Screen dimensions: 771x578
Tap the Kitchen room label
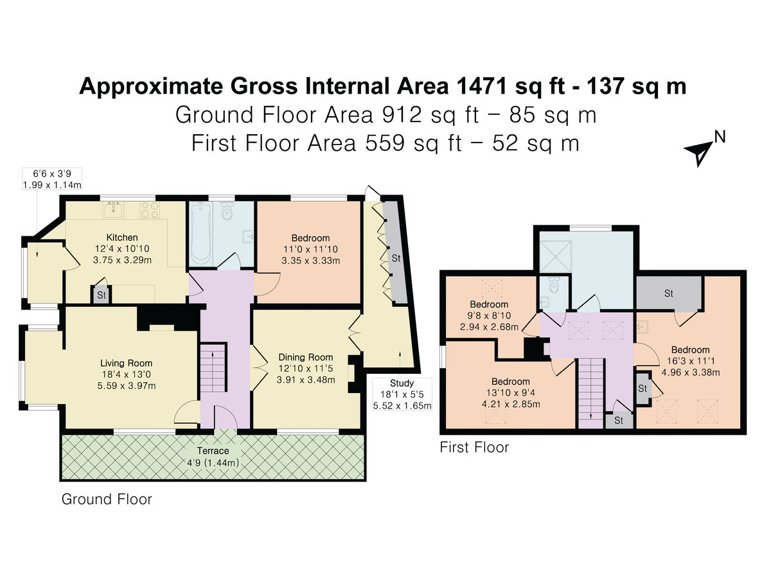click(122, 237)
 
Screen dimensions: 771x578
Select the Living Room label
click(127, 363)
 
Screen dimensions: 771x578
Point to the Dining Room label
click(306, 357)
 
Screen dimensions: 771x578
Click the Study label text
click(402, 383)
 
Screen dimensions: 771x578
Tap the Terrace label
click(213, 451)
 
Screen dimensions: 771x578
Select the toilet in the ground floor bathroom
click(227, 210)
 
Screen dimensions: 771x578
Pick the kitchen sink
click(113, 210)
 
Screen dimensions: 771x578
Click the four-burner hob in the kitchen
click(150, 210)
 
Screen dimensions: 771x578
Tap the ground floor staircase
click(212, 367)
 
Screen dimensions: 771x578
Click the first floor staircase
click(590, 393)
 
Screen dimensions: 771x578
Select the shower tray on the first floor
click(556, 256)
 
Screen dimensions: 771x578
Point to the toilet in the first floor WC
click(554, 285)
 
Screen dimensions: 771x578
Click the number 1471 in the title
click(481, 86)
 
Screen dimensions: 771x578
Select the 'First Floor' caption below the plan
click(474, 448)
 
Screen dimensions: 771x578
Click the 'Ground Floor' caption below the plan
click(107, 499)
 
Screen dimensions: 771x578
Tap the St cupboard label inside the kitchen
click(101, 295)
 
